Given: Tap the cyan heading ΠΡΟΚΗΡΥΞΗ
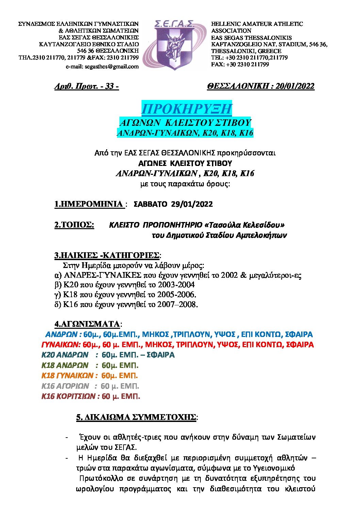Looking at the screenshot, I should coord(186,109).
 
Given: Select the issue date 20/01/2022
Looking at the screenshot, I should coord(295,86).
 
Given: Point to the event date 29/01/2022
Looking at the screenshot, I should coord(192,204).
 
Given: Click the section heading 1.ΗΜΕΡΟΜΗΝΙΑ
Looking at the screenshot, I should coord(88,204).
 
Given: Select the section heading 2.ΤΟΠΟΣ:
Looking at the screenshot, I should coord(74,225).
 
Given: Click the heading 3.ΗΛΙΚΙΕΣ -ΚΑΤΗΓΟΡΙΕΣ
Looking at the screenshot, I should coord(107,255).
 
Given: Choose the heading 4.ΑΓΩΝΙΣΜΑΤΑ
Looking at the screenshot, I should coord(87,324).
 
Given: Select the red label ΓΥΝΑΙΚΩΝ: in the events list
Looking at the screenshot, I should coord(61,345).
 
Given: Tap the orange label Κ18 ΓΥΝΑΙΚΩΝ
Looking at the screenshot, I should coord(67,376).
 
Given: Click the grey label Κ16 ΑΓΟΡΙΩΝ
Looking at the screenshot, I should coord(65,386).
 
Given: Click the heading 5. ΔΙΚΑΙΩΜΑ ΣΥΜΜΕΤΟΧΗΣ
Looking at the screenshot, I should coord(136,417).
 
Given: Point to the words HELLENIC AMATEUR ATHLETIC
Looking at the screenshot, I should coord(257,24).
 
